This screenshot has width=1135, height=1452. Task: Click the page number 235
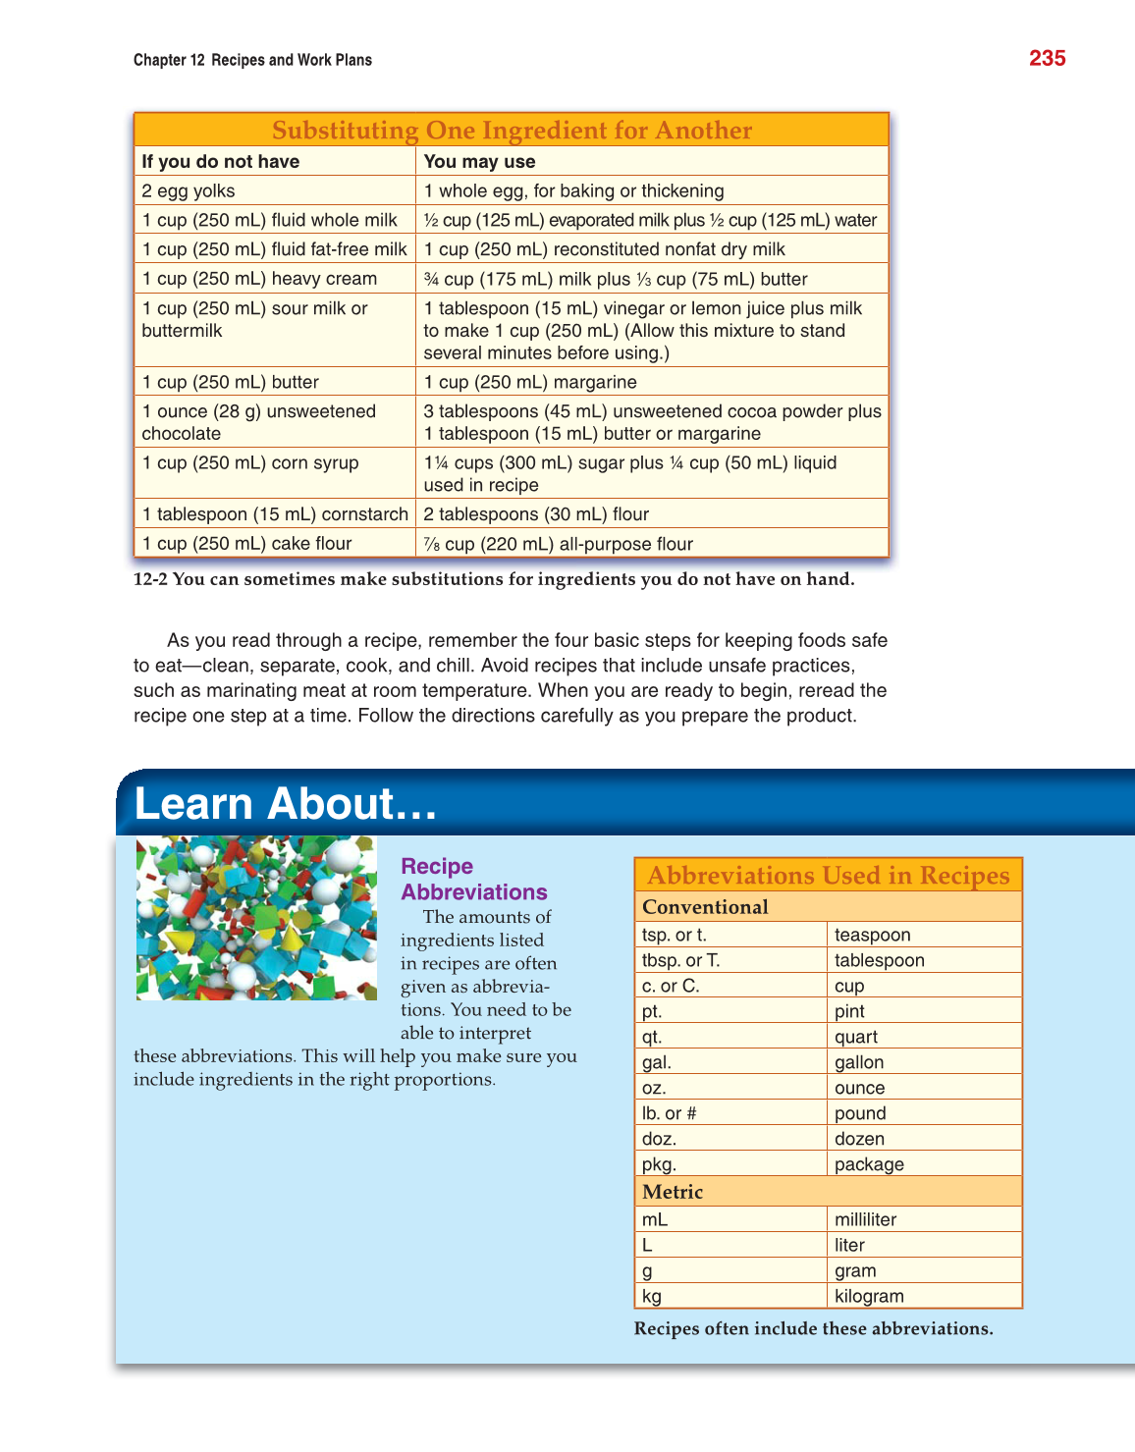click(1047, 59)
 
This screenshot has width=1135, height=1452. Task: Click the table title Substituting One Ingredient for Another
click(512, 131)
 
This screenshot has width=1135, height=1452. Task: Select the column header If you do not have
click(221, 162)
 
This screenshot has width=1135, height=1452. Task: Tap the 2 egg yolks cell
click(189, 191)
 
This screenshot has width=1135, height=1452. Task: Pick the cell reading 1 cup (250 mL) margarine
click(530, 382)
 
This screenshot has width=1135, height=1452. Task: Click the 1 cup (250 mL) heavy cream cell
click(259, 279)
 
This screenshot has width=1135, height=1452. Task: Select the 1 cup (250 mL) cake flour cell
click(246, 544)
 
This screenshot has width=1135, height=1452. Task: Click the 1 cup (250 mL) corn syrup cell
click(250, 463)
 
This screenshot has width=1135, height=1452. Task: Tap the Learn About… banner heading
click(285, 804)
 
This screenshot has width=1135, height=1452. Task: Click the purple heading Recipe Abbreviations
click(473, 880)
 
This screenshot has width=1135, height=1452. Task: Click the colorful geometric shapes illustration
click(256, 918)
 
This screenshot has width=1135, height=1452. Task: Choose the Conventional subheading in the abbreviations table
click(705, 907)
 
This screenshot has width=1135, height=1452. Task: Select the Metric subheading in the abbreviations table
click(673, 1192)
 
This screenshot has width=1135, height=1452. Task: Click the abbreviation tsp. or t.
click(674, 936)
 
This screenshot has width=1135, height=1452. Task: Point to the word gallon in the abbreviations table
click(859, 1062)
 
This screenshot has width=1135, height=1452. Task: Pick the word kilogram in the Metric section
click(869, 1296)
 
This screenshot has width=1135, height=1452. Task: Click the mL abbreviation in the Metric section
click(655, 1220)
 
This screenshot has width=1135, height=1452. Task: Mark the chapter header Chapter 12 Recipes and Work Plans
click(252, 60)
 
